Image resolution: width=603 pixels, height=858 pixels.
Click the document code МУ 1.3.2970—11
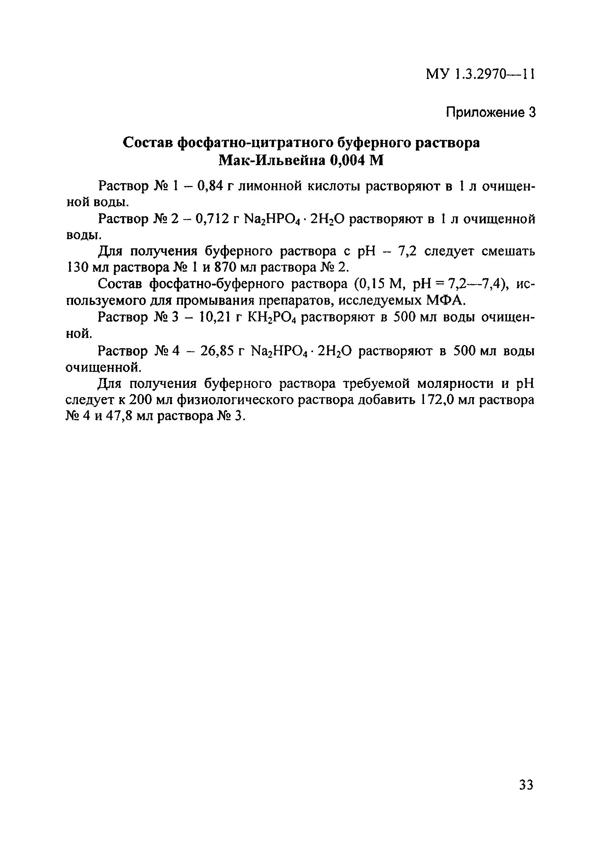pos(480,75)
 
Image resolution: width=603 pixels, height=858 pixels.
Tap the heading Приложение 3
pos(491,112)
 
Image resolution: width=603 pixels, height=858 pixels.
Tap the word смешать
pos(508,252)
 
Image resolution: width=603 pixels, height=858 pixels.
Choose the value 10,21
pos(214,317)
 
